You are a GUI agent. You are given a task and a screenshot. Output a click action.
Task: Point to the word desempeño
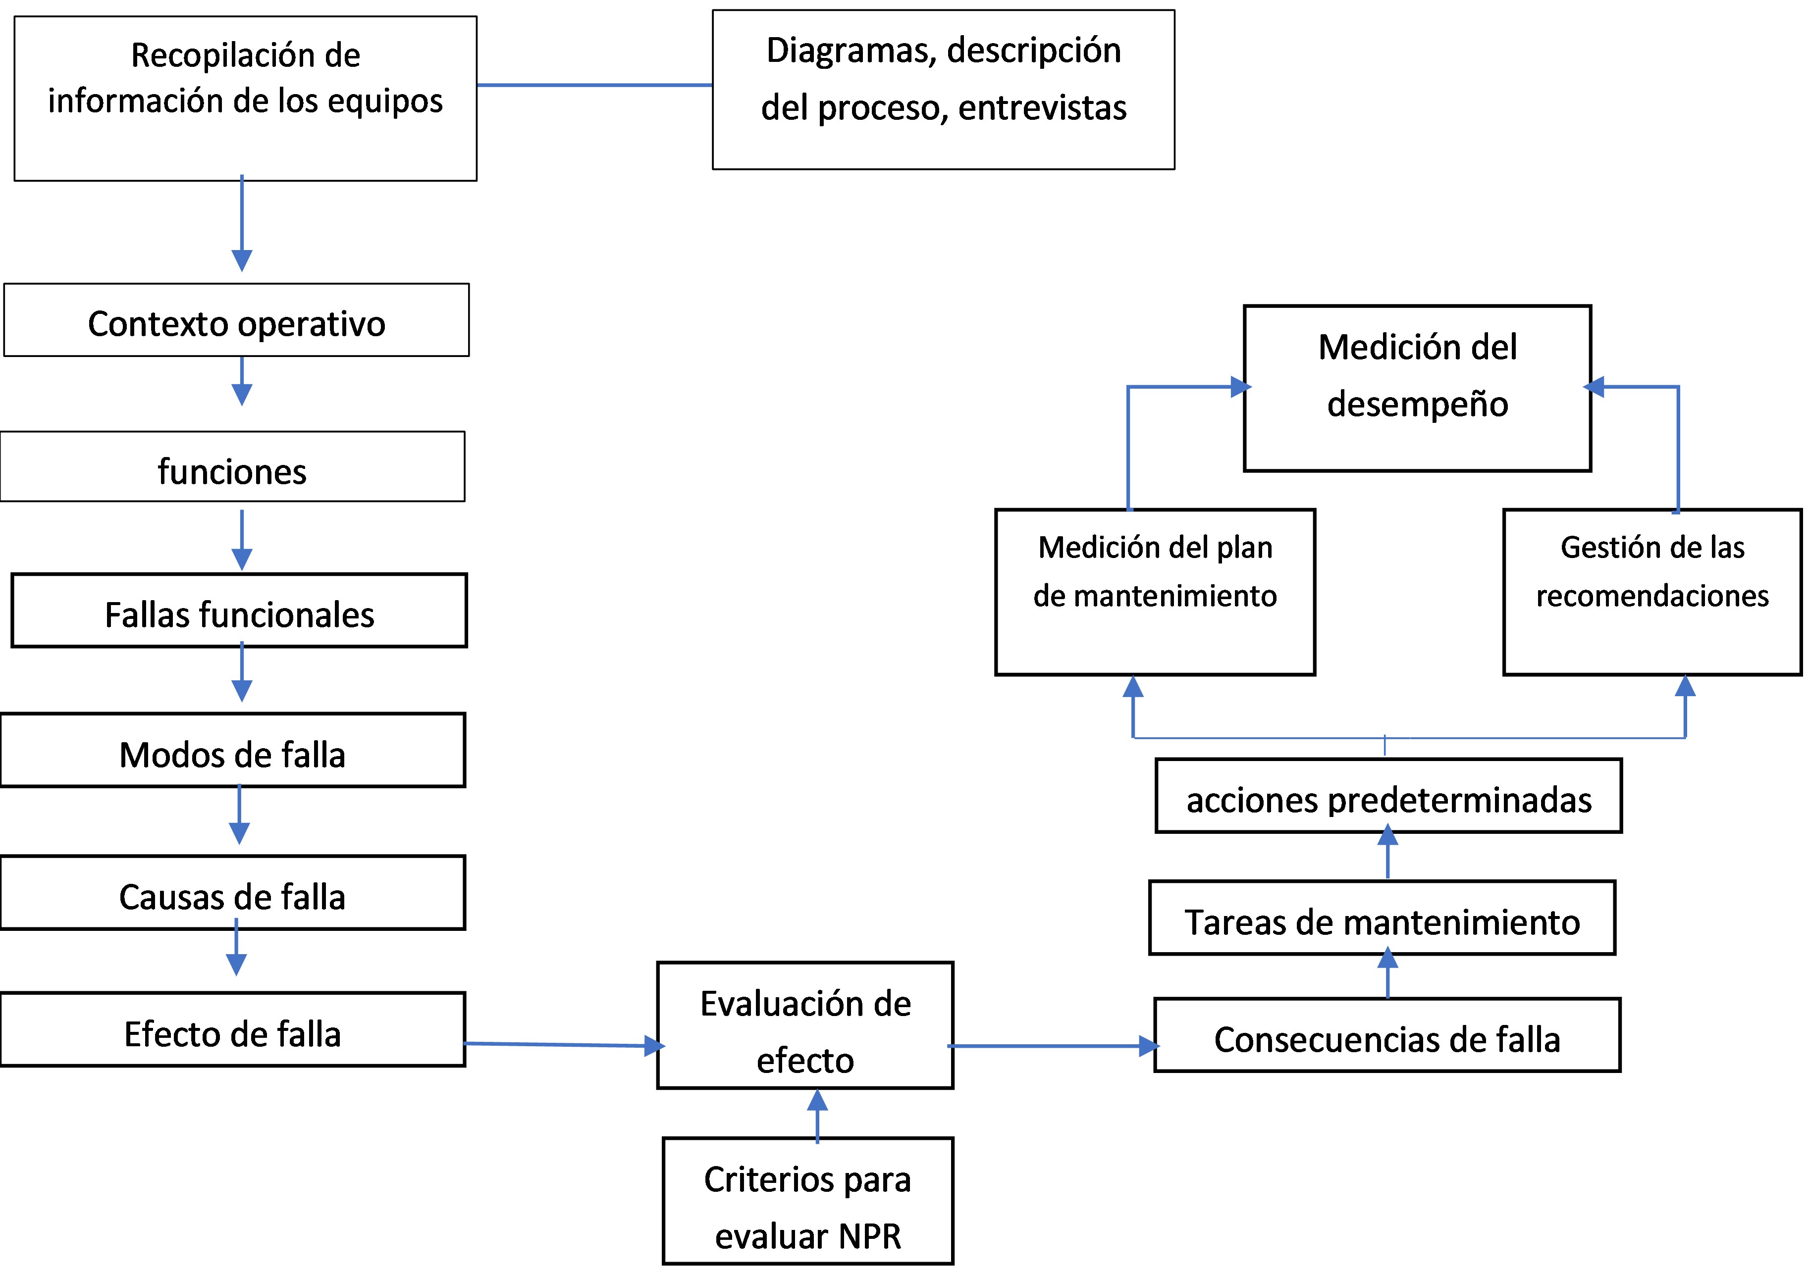[x=1417, y=404]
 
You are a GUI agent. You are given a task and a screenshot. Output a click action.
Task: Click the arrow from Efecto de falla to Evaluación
[x=564, y=1045]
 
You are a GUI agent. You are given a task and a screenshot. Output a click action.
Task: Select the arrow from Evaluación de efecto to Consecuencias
[x=1053, y=1046]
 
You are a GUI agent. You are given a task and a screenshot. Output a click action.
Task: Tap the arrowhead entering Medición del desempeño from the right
[x=1594, y=387]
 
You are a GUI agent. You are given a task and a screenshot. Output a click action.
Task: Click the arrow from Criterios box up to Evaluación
[x=817, y=1115]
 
